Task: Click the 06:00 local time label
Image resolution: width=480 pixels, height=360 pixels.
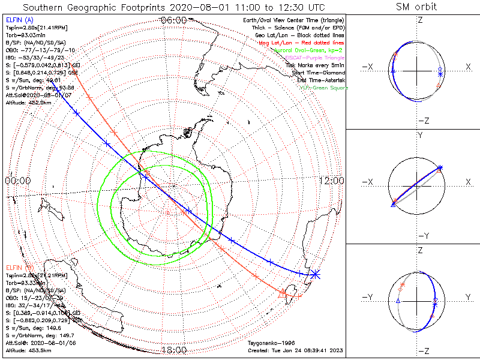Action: [174, 20]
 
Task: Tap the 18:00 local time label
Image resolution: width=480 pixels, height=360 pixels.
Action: [174, 349]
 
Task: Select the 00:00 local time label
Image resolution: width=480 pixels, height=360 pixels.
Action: [18, 181]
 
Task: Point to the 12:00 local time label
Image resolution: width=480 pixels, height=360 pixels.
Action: [331, 181]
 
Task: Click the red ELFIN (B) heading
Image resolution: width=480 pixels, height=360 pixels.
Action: [20, 267]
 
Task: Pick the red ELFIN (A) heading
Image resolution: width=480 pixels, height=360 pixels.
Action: [20, 19]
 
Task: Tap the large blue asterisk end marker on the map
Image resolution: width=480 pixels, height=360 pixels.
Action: [314, 274]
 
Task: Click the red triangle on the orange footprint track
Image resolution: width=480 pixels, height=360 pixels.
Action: [284, 292]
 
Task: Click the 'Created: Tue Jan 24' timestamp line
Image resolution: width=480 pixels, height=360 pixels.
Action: [295, 349]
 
